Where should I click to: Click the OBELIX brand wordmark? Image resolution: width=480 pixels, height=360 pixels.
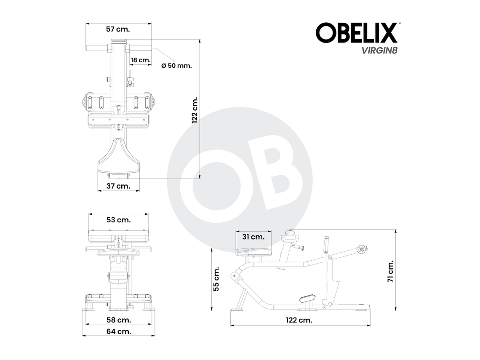pos(357,33)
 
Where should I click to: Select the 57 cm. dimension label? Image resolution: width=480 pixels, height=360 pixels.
pos(117,29)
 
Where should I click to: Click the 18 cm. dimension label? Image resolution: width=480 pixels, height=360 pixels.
pos(140,60)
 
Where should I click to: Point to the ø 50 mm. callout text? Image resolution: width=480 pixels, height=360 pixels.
pos(176,66)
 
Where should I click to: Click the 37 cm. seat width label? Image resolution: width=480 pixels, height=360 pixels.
pos(117,186)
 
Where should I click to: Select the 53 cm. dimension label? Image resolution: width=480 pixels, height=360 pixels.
pos(118,220)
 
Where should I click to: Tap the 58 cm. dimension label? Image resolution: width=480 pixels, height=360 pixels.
pos(118,320)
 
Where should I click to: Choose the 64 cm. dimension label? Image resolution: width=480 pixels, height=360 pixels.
pos(118,331)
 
